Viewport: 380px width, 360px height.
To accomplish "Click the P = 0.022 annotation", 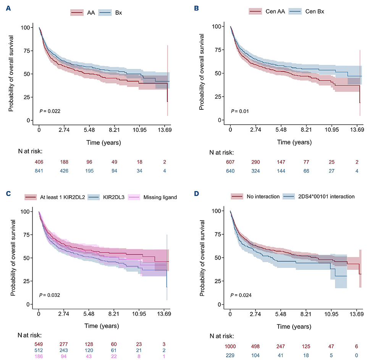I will (50, 111).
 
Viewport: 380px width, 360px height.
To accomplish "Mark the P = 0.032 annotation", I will (50, 295).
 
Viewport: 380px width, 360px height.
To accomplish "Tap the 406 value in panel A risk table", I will (39, 162).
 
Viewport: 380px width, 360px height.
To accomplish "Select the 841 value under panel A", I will (39, 171).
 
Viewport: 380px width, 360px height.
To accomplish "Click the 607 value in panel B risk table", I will (230, 162).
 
